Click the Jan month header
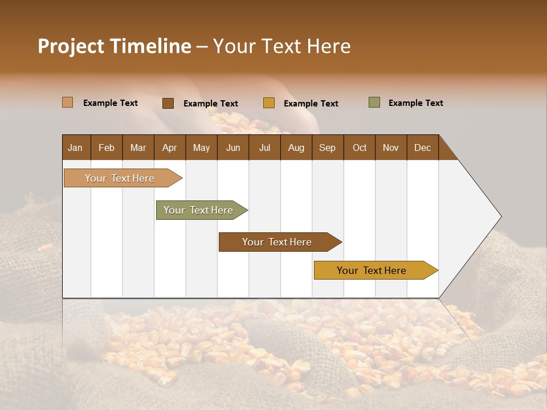[76, 147]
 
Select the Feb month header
[107, 147]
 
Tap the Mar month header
[138, 147]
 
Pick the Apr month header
[170, 147]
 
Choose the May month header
[201, 147]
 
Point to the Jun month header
[233, 147]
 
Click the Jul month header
[264, 147]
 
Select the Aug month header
[296, 147]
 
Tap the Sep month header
[328, 147]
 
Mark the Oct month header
[360, 147]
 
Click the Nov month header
[391, 147]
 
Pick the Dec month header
[422, 147]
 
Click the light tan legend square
[68, 102]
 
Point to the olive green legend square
[374, 102]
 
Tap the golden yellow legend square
[269, 103]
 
